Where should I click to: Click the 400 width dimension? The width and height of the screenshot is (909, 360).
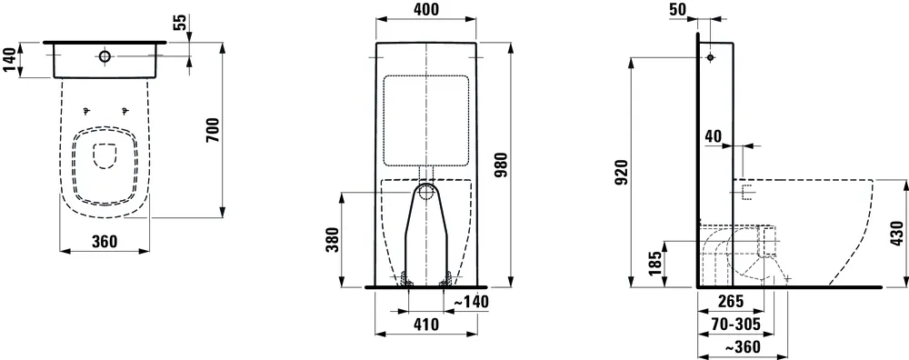pyautogui.click(x=425, y=10)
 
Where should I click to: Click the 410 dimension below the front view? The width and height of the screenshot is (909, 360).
pyautogui.click(x=425, y=324)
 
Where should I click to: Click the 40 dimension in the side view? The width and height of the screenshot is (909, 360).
pyautogui.click(x=714, y=135)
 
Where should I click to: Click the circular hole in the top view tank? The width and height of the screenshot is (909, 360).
pyautogui.click(x=105, y=56)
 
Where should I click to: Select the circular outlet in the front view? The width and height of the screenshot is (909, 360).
pyautogui.click(x=425, y=192)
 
